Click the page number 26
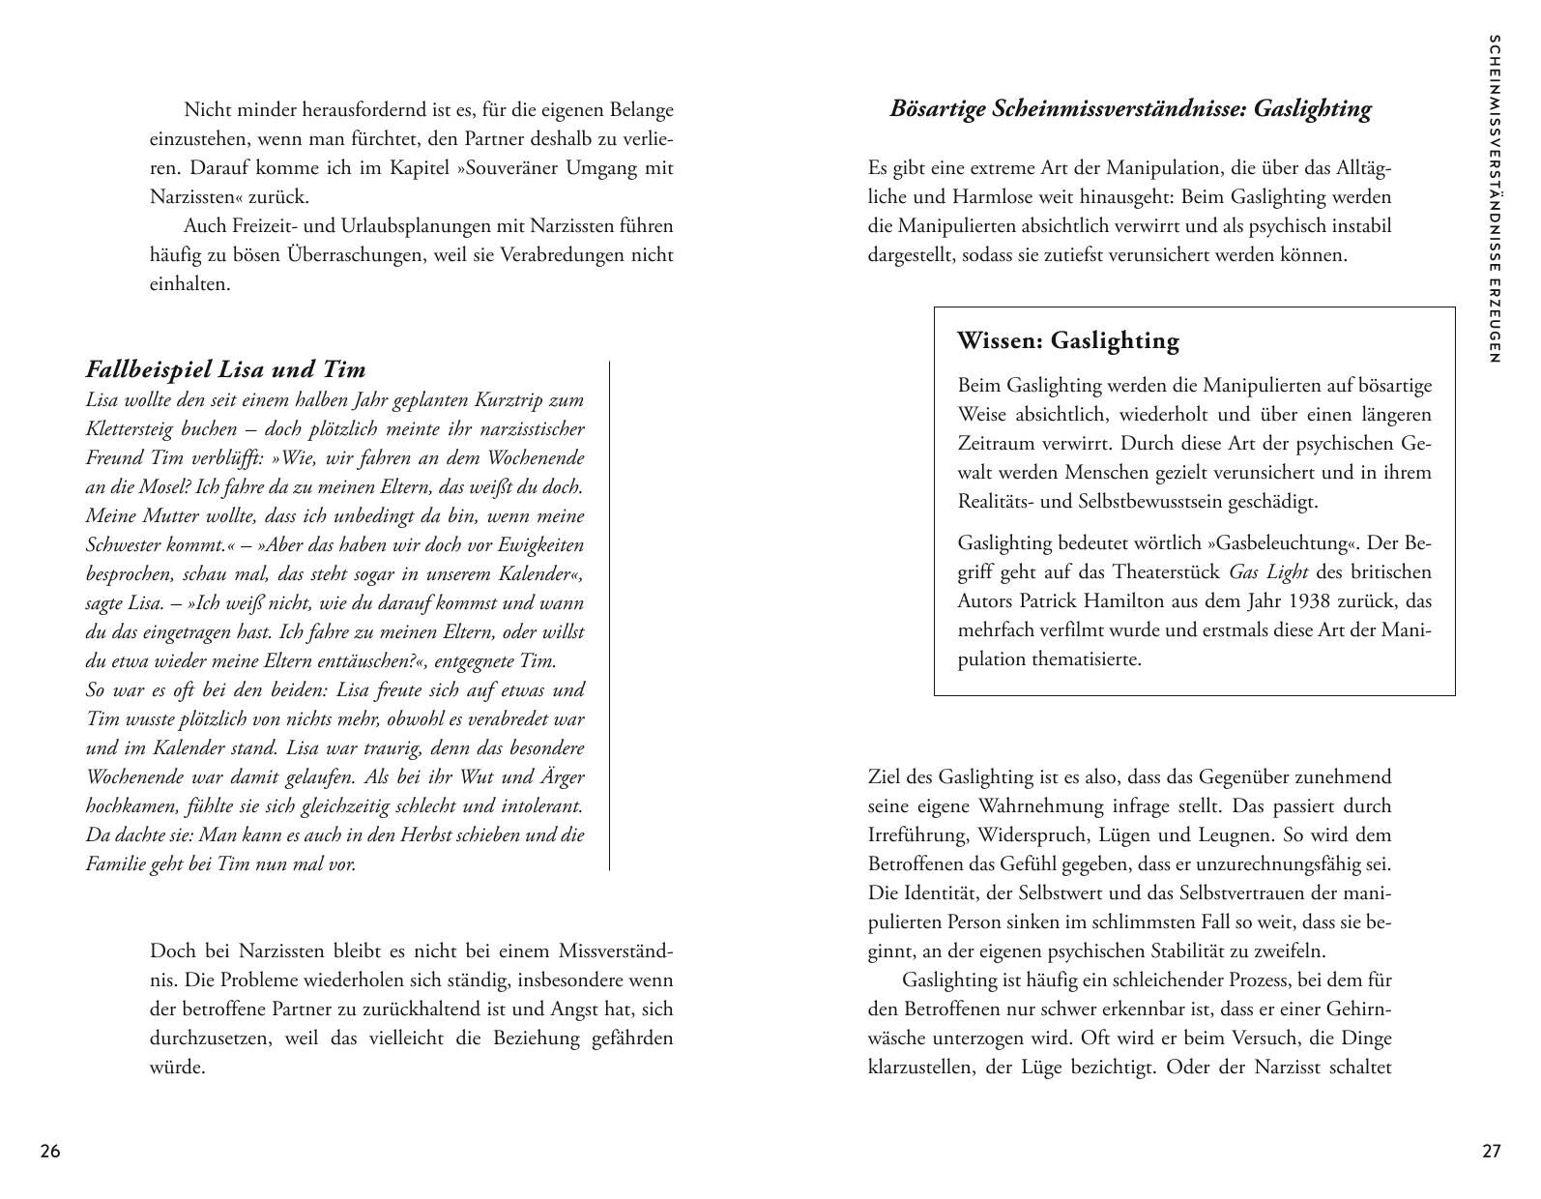pos(50,1152)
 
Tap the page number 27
pos(1492,1152)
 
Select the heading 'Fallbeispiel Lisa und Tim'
pos(226,369)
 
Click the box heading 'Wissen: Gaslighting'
pos(1068,341)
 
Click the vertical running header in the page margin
pos(1495,199)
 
